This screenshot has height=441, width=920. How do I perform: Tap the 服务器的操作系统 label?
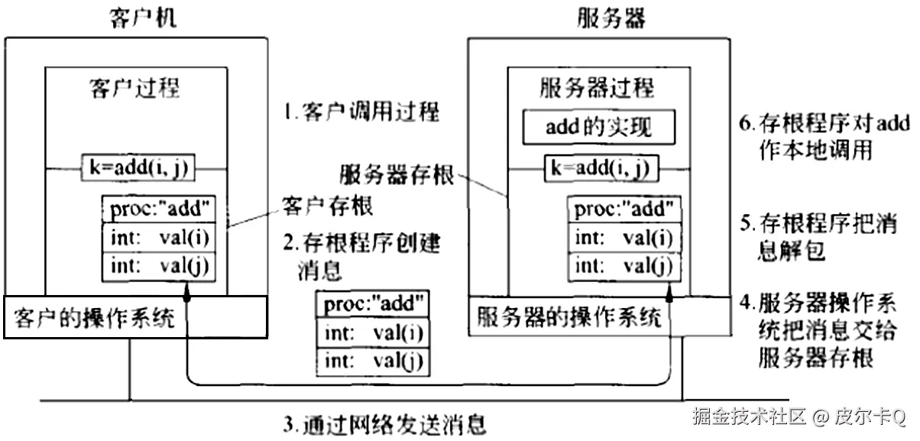click(569, 316)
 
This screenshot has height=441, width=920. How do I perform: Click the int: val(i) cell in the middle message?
click(372, 332)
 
